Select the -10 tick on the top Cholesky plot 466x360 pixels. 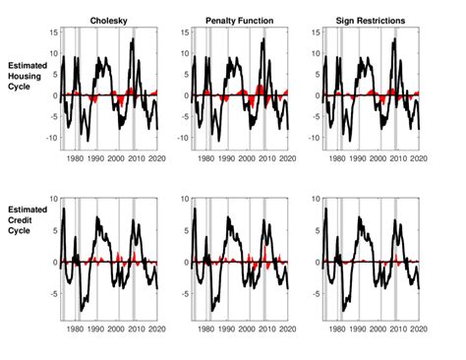(50, 138)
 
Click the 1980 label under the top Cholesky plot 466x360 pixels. (76, 158)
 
